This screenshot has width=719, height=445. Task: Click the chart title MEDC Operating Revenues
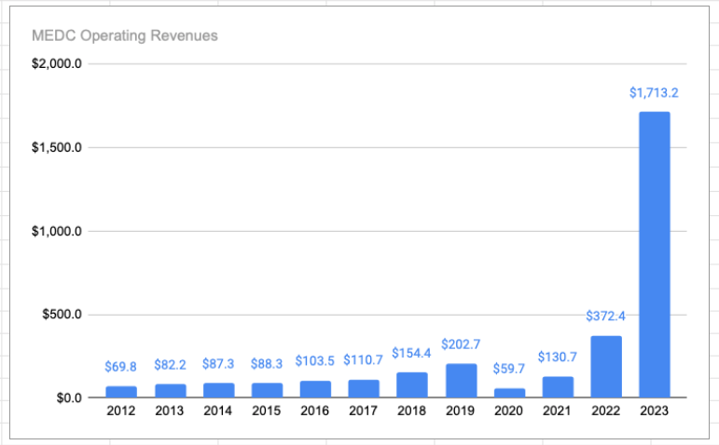pyautogui.click(x=124, y=36)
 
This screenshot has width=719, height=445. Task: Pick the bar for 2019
pyautogui.click(x=460, y=380)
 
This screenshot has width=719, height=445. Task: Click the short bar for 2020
pyautogui.click(x=508, y=392)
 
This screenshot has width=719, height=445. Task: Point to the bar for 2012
pyautogui.click(x=120, y=391)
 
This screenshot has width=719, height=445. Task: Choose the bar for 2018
pyautogui.click(x=411, y=384)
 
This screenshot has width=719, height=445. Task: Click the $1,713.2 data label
pyautogui.click(x=654, y=92)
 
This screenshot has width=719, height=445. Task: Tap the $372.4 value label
pyautogui.click(x=605, y=316)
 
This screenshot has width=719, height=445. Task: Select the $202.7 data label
pyautogui.click(x=460, y=344)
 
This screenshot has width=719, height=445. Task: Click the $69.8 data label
pyautogui.click(x=120, y=367)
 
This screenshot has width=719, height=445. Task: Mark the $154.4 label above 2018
pyautogui.click(x=411, y=354)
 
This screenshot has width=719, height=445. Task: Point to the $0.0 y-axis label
pyautogui.click(x=70, y=398)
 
